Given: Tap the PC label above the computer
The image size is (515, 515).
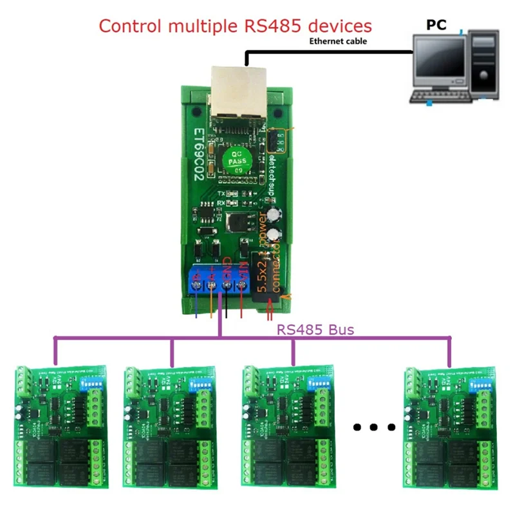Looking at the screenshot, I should click(436, 25).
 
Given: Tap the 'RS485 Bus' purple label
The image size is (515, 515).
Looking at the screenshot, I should click(315, 330).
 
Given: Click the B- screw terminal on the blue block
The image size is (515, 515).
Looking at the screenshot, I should click(197, 283).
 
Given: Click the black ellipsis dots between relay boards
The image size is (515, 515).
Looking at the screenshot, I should click(374, 426).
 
